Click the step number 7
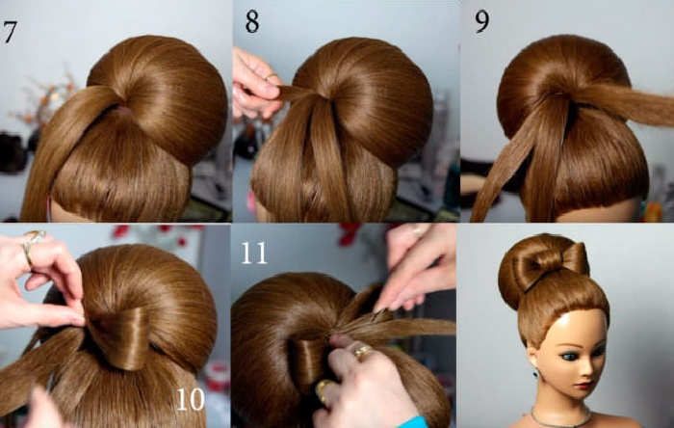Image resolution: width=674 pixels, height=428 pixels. (10, 32)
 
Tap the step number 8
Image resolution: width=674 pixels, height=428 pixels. (252, 22)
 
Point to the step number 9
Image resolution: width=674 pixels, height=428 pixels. (482, 22)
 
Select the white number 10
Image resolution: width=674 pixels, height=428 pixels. (190, 399)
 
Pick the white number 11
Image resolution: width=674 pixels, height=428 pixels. (253, 253)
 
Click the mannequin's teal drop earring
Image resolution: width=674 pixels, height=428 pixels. (536, 373)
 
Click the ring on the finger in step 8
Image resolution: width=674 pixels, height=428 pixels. (271, 76)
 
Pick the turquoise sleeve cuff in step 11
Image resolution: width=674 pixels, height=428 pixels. (413, 422)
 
